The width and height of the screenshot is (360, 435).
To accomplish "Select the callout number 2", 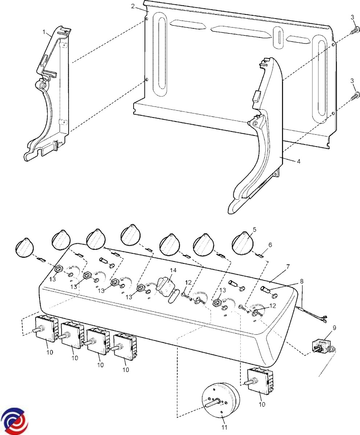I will point(133,6).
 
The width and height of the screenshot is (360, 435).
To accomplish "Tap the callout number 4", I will point(298,161).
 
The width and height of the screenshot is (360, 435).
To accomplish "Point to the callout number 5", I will point(254,229).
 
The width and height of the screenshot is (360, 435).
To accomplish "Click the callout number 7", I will point(288,267).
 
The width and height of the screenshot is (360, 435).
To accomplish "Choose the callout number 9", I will point(334,328).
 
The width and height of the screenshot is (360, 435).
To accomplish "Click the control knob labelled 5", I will point(243,242).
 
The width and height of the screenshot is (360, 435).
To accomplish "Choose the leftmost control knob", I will point(25,248).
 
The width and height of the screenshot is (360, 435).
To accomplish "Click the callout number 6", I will point(270,245).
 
